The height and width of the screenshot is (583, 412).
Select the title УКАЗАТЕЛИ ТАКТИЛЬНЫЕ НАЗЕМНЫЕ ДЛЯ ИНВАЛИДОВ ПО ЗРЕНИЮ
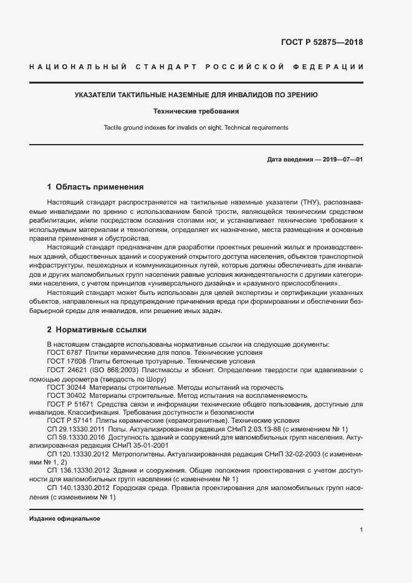click(x=196, y=95)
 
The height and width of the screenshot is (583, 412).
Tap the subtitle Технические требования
click(x=196, y=112)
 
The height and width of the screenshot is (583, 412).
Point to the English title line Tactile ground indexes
click(x=196, y=127)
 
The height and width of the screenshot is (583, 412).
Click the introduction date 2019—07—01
click(x=343, y=159)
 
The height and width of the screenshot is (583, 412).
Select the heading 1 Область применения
click(x=95, y=186)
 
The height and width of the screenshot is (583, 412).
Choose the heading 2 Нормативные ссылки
click(x=97, y=329)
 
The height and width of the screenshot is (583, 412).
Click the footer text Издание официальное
click(x=65, y=519)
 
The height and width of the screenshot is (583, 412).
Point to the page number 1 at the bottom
click(x=361, y=530)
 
